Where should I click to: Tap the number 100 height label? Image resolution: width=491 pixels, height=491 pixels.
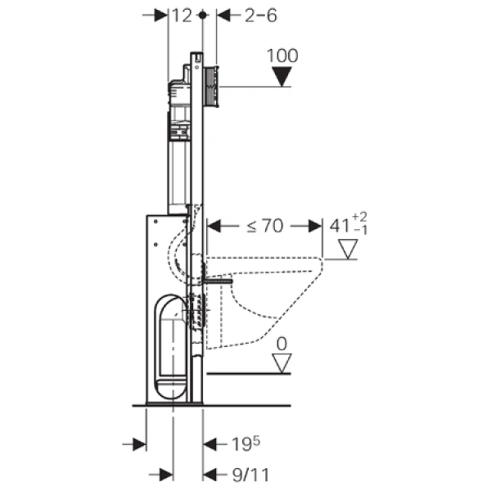click(x=282, y=56)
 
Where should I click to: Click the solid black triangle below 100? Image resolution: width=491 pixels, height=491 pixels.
click(x=282, y=78)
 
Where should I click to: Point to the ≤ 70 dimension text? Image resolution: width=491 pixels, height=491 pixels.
click(x=260, y=226)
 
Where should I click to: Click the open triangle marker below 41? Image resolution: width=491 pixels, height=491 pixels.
click(x=349, y=249)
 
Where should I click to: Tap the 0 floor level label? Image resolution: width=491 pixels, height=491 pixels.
click(x=282, y=345)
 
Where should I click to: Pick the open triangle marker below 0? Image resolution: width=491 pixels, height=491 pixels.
click(x=282, y=363)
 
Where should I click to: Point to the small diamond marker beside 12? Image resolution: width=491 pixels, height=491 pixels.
click(x=201, y=15)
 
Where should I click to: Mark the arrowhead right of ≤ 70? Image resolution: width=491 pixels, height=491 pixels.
click(x=313, y=226)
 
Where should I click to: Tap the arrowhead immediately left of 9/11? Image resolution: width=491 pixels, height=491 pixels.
click(x=209, y=474)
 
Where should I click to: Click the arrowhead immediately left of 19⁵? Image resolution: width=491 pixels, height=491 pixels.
click(x=209, y=444)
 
